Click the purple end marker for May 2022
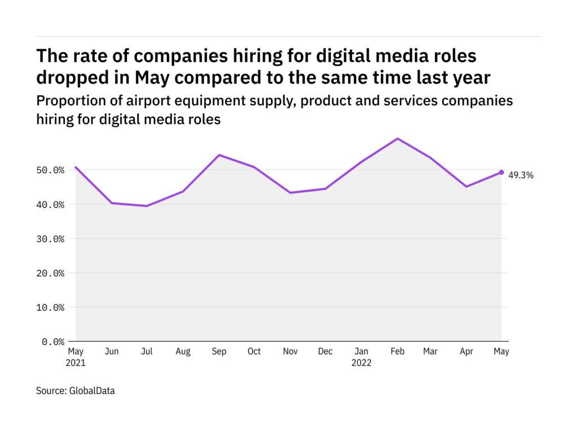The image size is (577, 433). tap(501, 173)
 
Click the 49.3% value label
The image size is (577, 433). tap(521, 175)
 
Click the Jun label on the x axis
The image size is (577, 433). tap(112, 352)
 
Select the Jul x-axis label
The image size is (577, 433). tap(147, 352)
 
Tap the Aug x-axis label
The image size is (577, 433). tap(183, 352)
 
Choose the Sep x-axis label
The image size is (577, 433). tap(219, 352)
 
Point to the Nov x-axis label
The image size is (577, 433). tap(290, 352)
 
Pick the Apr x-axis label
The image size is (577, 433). tap(467, 352)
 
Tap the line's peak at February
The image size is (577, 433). tap(398, 139)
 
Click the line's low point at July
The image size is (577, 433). tap(147, 206)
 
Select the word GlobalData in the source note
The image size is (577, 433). tap(91, 390)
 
